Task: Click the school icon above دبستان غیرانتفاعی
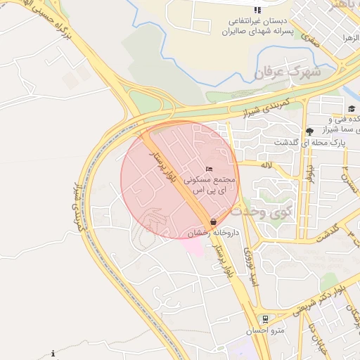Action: coord(257,10)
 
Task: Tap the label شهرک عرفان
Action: coord(287,72)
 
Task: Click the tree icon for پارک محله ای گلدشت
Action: coord(309,131)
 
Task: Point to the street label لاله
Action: coord(266,166)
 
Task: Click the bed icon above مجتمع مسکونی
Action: coord(209,169)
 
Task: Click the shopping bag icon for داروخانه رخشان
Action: coord(213,221)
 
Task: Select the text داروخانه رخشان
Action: coord(214,232)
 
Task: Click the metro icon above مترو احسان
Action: coord(264,319)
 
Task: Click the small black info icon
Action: coord(53,353)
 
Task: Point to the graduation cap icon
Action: coord(351,109)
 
